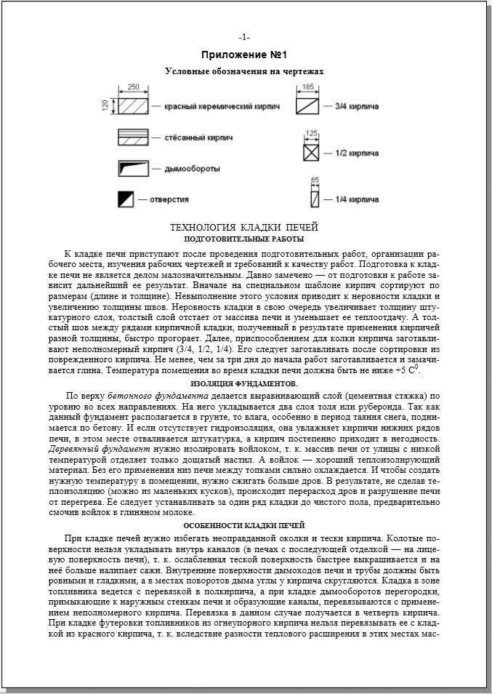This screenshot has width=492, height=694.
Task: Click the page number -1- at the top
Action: click(x=244, y=37)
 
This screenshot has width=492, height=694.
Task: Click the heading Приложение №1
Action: click(x=244, y=55)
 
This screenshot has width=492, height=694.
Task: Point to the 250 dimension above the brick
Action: click(x=133, y=87)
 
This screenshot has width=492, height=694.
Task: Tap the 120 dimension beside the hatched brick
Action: click(x=105, y=105)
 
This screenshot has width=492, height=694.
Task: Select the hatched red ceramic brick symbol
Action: click(x=134, y=105)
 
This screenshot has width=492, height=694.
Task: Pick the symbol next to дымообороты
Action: click(x=134, y=168)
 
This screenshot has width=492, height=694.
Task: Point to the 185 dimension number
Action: click(x=308, y=87)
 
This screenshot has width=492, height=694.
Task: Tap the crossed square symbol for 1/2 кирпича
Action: click(x=311, y=153)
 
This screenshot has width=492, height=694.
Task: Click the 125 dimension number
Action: click(x=311, y=133)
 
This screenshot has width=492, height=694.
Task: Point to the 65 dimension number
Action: click(x=315, y=179)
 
